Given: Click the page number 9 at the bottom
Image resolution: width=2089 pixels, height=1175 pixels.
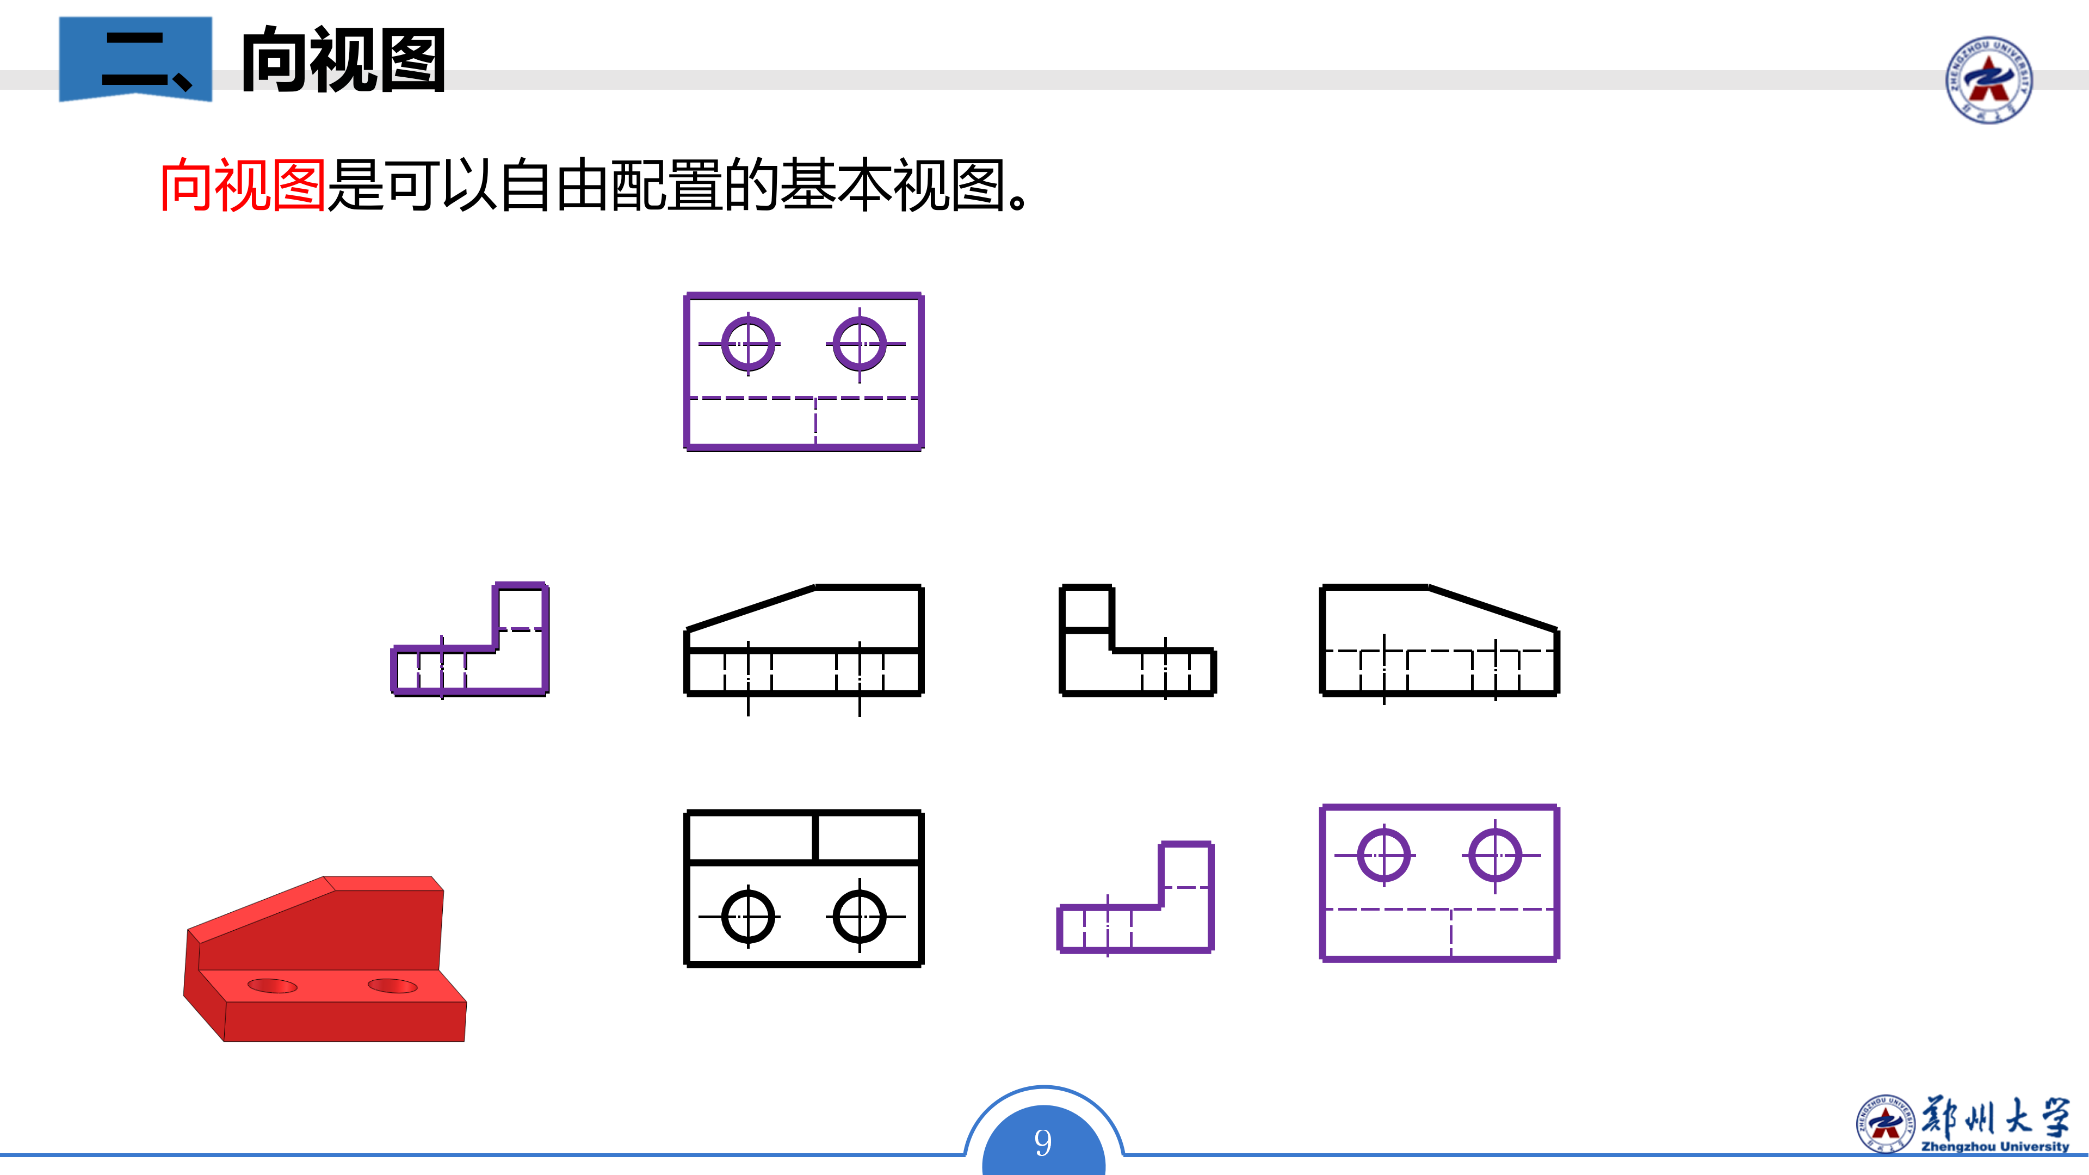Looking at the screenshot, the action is [1043, 1142].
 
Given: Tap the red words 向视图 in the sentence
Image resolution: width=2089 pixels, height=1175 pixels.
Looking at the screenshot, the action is [243, 185].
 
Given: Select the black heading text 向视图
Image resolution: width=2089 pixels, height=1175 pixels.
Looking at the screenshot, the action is [344, 60].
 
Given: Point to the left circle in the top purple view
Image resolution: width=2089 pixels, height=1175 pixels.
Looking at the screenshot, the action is [747, 344].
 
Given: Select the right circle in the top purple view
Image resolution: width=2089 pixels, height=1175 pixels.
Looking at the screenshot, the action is [860, 344].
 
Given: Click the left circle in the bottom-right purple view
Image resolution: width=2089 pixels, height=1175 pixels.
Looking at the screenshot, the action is [1383, 855].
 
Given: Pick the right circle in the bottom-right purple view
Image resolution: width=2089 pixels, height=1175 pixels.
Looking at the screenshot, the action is [1495, 855].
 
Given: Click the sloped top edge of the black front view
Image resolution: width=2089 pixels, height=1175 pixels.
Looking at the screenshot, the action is [751, 608].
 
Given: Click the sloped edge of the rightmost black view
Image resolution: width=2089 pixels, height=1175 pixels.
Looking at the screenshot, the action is [1492, 608].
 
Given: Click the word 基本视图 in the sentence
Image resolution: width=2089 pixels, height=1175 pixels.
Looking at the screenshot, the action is [892, 185].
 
